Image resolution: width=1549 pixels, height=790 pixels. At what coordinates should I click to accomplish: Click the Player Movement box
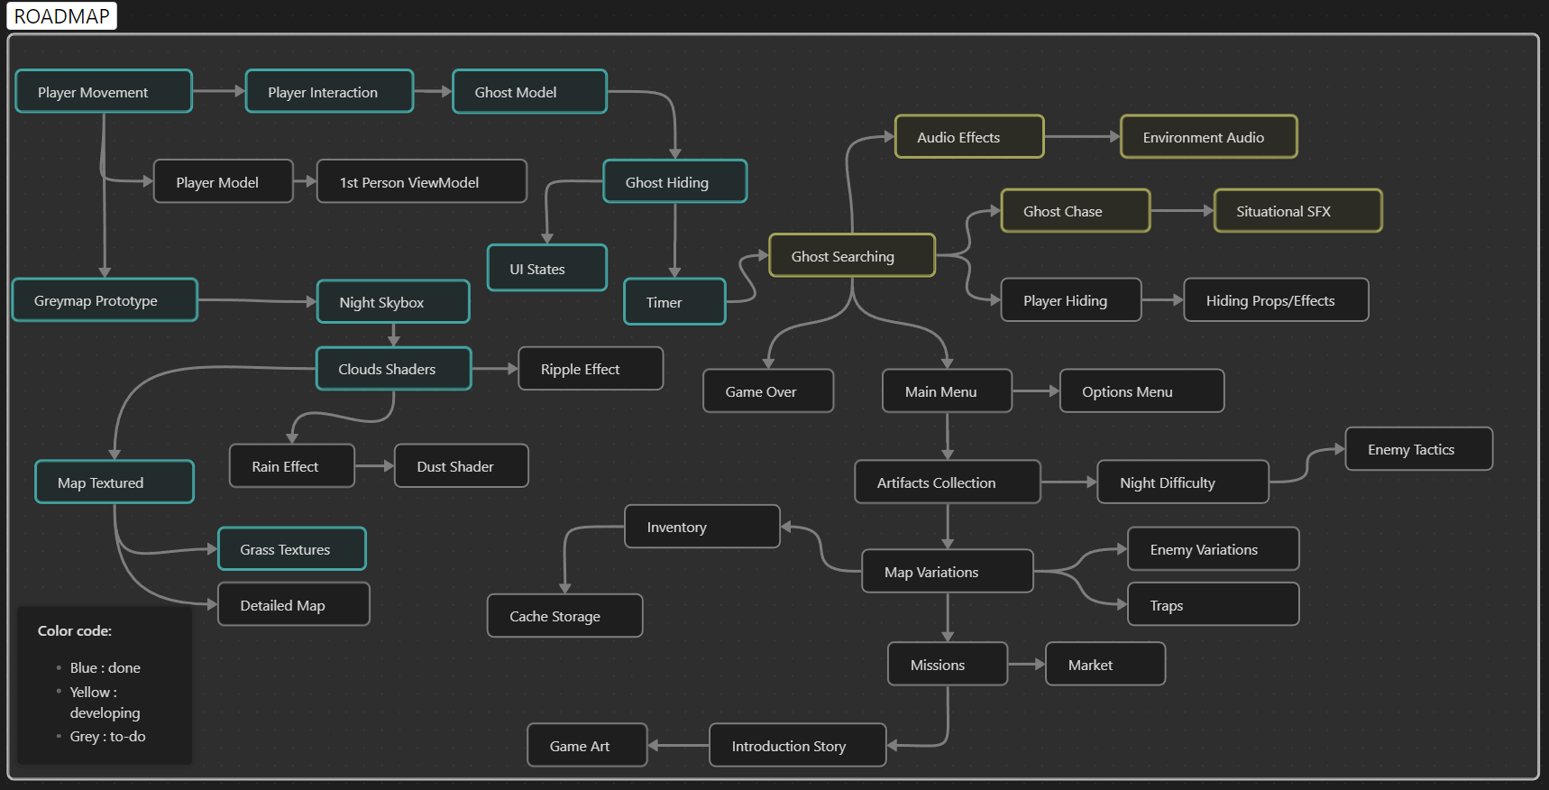coord(104,92)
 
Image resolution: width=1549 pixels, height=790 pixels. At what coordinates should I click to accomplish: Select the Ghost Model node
coord(529,92)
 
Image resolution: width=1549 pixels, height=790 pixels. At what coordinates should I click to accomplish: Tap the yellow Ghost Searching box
coord(851,256)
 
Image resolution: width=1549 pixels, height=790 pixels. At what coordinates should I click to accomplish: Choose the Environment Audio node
coord(1208,137)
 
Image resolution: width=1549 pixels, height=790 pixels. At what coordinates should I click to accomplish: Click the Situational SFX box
coord(1297,211)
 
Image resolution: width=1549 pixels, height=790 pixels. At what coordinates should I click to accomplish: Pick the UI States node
coord(546,269)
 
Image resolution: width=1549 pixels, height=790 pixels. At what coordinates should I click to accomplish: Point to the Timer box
coord(674,302)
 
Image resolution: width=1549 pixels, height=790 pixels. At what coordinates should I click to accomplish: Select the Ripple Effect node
coord(591,369)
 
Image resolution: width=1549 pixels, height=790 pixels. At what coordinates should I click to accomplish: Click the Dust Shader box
coord(461,466)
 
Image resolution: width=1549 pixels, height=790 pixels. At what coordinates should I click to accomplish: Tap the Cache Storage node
coord(564,616)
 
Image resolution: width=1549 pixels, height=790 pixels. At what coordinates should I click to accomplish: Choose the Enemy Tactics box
coord(1418,449)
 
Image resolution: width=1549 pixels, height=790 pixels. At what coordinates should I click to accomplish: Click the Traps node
coord(1213,605)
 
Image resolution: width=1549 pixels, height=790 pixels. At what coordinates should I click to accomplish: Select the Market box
coord(1104,665)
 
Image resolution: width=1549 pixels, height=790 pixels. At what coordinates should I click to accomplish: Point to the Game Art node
coord(587,746)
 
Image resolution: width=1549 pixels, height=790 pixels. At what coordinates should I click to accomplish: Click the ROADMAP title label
coord(61,16)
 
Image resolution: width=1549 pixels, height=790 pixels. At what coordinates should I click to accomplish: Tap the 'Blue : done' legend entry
coord(105,667)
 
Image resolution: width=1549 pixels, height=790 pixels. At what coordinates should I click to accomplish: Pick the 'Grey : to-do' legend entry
coord(107,736)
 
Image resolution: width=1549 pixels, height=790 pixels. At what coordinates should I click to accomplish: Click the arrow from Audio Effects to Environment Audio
coord(1082,137)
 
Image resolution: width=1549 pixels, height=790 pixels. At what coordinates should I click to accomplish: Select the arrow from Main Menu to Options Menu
coord(1035,391)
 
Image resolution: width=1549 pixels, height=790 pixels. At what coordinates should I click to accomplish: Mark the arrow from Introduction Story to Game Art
coord(678,746)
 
